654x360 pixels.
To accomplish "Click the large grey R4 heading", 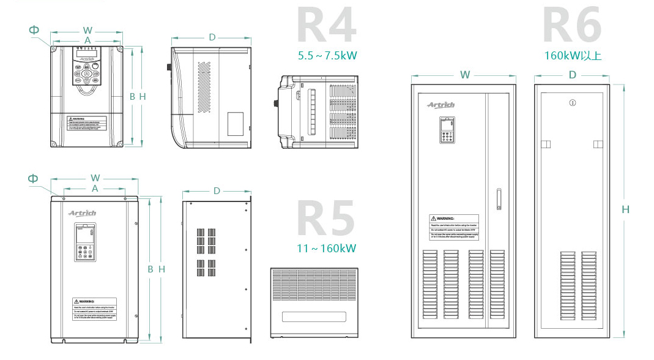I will click(x=326, y=26).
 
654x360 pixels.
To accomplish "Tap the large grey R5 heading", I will click(x=326, y=217).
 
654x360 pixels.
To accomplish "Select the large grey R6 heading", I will click(x=572, y=26).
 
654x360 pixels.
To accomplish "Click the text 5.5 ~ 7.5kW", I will click(x=327, y=56).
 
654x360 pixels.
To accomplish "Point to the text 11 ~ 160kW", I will click(x=327, y=249).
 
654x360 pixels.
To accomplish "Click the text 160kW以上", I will click(x=573, y=56).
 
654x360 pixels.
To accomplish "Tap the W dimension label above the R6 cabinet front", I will click(x=465, y=75).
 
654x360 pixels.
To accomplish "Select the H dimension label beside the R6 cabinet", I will click(x=625, y=209).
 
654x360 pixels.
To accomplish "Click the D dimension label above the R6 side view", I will click(x=573, y=75).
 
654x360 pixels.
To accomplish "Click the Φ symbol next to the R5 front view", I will click(x=32, y=178).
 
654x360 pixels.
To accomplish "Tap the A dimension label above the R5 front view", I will click(x=95, y=189).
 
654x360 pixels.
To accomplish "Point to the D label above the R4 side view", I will click(x=212, y=37).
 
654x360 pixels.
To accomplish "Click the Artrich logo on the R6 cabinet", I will click(x=441, y=105).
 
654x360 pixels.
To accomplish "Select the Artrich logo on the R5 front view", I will click(x=82, y=213).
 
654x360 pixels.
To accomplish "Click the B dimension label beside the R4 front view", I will click(x=132, y=96).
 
